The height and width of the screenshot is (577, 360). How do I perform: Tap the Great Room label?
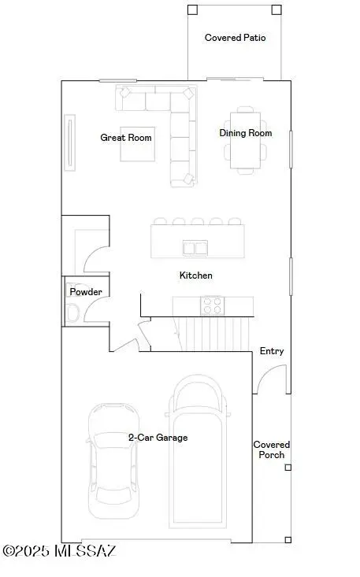tap(126, 138)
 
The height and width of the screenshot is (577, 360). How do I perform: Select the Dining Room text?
tap(246, 133)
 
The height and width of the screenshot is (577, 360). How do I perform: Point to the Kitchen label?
tap(196, 276)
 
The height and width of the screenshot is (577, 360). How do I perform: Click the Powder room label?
tap(86, 292)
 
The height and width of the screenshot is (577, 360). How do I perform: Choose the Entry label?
tap(272, 351)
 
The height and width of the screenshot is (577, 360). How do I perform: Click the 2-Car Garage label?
tap(158, 438)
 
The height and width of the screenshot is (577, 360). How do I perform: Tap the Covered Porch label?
tap(271, 449)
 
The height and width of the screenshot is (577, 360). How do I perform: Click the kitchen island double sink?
tap(195, 249)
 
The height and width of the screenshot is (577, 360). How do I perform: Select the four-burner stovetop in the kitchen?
tap(211, 305)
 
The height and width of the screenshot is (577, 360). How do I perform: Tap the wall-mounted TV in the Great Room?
tap(72, 142)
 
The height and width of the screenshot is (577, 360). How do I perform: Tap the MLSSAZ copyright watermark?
tap(59, 551)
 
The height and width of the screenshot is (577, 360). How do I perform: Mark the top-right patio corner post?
tap(276, 10)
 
